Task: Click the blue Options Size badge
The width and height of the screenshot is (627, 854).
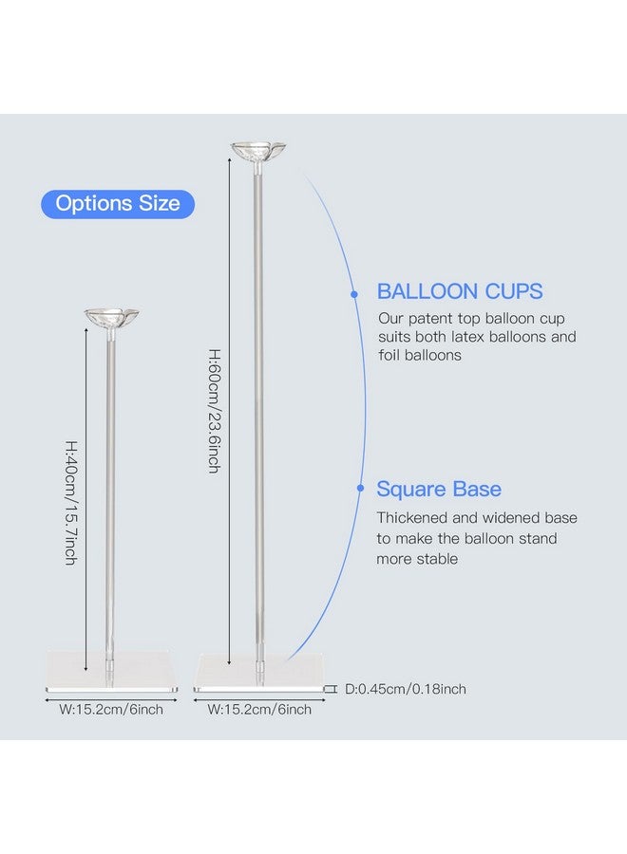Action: click(x=118, y=204)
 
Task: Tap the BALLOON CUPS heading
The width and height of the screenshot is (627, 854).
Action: click(x=460, y=291)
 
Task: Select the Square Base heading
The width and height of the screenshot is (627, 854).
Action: click(x=439, y=489)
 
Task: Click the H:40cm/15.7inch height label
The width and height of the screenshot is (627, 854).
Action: click(x=71, y=503)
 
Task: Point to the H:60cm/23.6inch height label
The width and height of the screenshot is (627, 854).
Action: click(x=215, y=411)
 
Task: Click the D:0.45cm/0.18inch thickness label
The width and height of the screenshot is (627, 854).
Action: click(x=406, y=689)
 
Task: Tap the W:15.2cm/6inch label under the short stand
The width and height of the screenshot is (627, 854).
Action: click(x=111, y=710)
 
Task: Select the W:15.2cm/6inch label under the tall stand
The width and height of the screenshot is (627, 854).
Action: click(x=259, y=710)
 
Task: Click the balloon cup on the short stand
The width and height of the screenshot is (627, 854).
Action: click(x=112, y=318)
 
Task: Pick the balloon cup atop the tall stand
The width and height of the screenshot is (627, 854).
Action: click(x=258, y=151)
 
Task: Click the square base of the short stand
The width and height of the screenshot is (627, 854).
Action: click(x=112, y=671)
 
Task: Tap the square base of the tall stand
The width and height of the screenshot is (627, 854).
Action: click(x=259, y=674)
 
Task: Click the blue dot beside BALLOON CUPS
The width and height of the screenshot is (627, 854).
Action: click(x=354, y=294)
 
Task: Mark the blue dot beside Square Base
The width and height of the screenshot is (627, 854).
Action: click(x=360, y=488)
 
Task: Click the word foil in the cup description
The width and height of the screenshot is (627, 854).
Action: click(x=388, y=355)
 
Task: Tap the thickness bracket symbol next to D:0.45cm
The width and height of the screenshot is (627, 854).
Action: click(x=331, y=689)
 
